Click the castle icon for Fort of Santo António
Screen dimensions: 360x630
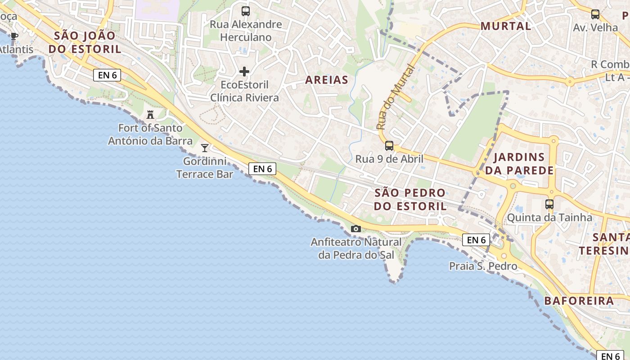[150, 115]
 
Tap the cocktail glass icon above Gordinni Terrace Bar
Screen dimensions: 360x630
[205, 148]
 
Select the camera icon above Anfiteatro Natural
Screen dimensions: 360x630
[356, 229]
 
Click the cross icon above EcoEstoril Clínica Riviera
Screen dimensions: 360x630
[244, 72]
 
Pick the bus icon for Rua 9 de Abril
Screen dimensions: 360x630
[389, 146]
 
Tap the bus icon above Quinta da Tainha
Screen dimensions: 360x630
[549, 204]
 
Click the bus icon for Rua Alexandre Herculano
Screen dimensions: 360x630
[246, 11]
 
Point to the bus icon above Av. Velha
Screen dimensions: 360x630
[595, 14]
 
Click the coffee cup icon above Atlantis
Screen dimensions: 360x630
[14, 36]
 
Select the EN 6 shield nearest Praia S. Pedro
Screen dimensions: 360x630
[477, 240]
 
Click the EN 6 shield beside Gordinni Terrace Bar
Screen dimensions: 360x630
[262, 169]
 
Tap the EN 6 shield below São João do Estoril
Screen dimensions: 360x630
[108, 75]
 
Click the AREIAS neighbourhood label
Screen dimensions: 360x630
[327, 80]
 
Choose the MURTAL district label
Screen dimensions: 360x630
[506, 26]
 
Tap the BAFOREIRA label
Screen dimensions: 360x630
[579, 301]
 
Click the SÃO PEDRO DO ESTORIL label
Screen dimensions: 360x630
[410, 199]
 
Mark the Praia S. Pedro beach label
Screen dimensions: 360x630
[483, 266]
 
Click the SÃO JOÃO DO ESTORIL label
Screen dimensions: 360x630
[85, 42]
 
